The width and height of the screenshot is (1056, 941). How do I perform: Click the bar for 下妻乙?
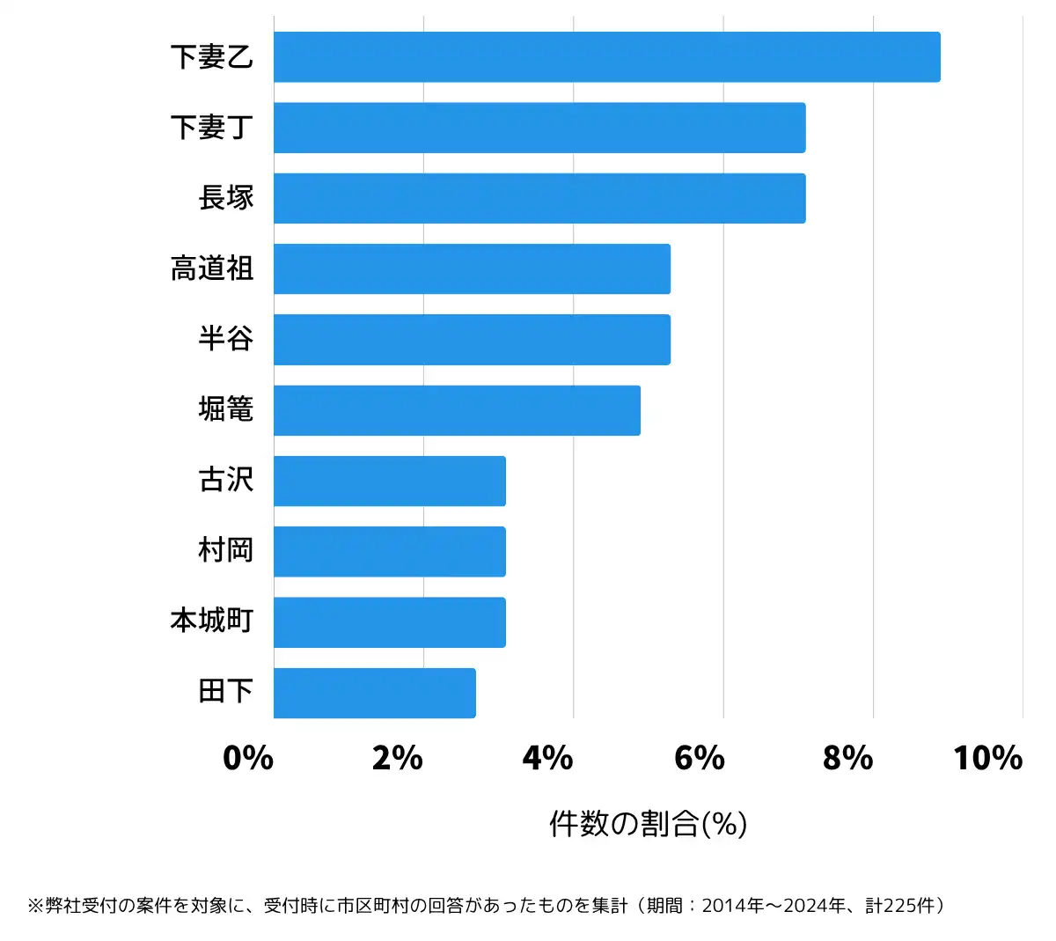point(606,57)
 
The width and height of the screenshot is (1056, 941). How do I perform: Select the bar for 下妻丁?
point(539,128)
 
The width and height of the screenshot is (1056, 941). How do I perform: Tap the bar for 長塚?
point(539,198)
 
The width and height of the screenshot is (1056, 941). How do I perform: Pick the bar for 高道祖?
point(472,269)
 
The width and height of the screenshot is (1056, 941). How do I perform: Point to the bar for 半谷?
point(472,340)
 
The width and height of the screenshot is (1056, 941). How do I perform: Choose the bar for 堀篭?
point(457,410)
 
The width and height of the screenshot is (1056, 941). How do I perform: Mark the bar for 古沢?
point(390,482)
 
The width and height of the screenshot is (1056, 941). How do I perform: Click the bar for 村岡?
point(390,552)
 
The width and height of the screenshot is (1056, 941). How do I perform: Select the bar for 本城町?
point(390,622)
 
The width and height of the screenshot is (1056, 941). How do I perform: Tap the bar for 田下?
point(375,694)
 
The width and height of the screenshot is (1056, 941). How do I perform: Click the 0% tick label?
point(248,758)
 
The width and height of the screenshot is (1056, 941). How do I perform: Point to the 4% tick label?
point(547,758)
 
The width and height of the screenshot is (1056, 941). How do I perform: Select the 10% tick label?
point(987,758)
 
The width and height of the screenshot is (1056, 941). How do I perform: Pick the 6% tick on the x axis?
point(699,758)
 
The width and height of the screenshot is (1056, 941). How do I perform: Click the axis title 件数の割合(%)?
point(648,824)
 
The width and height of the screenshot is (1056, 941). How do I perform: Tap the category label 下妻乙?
point(212,57)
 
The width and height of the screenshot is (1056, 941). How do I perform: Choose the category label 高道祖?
point(212,268)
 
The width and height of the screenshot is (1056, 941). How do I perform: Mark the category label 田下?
point(226,692)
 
